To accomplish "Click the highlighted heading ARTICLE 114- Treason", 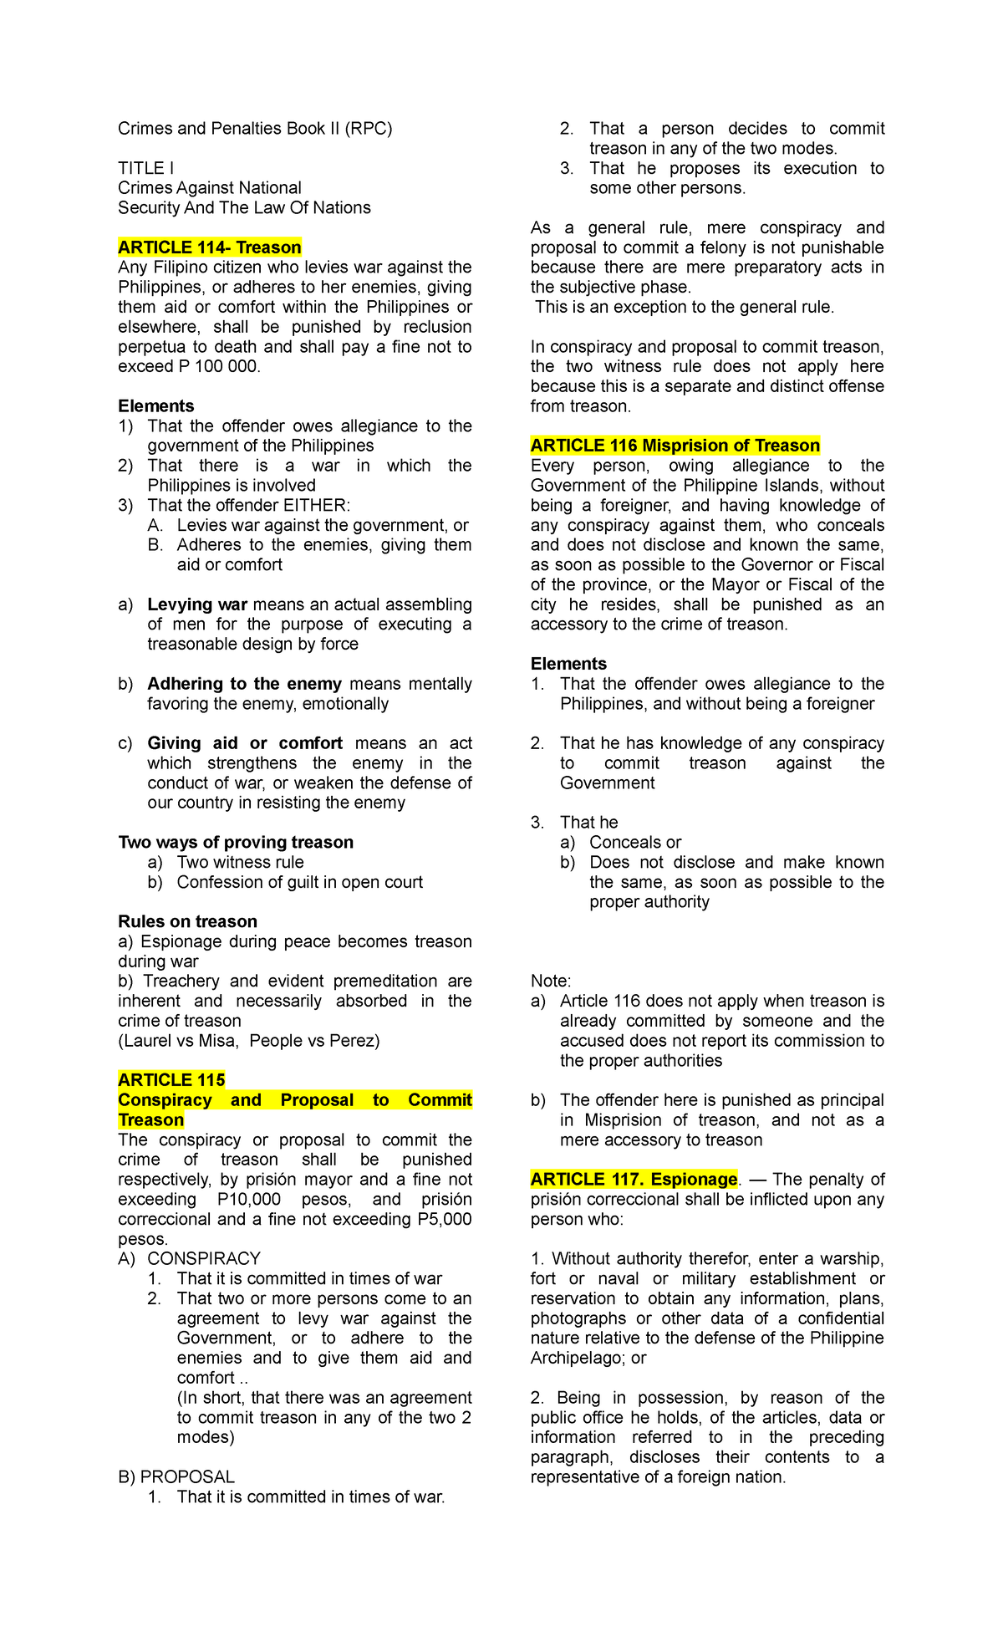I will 209,247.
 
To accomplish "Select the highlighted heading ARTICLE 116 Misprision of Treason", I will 675,446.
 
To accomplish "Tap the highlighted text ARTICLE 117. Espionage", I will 634,1180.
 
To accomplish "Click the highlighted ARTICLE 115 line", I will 171,1080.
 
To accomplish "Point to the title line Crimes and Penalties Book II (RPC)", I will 255,129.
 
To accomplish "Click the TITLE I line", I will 145,168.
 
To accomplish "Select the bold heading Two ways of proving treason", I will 236,843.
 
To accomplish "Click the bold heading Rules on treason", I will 187,922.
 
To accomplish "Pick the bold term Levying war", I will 197,604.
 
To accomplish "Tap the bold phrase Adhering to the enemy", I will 244,684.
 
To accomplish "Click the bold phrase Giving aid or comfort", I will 245,743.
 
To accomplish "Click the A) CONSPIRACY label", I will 190,1259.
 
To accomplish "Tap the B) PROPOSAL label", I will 176,1477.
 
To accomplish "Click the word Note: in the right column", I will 551,982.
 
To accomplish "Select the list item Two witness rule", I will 240,863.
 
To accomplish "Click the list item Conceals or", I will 635,843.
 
